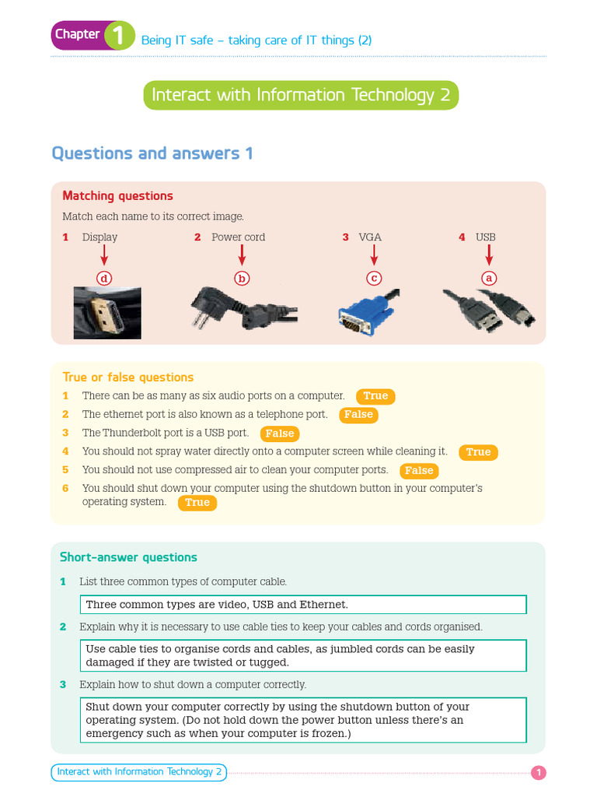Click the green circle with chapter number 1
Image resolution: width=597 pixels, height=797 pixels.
click(120, 36)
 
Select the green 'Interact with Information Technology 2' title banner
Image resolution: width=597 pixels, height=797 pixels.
click(301, 95)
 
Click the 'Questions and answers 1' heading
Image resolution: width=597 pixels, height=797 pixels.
click(152, 153)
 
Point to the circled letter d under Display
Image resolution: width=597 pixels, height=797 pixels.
click(104, 278)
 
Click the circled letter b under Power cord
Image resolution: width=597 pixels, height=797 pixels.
click(242, 278)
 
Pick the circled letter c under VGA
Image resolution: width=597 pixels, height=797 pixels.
click(374, 278)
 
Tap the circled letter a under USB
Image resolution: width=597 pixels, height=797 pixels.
click(489, 278)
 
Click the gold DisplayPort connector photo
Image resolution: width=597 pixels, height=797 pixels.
click(107, 313)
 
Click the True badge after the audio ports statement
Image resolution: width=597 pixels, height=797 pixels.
click(375, 396)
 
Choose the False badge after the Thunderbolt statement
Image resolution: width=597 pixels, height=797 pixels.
click(280, 434)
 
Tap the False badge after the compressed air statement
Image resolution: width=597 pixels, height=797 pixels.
click(419, 470)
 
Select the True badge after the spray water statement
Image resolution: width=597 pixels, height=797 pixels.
click(478, 452)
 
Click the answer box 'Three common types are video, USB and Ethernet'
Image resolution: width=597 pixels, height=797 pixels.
click(303, 604)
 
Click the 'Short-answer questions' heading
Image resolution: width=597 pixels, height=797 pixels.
click(128, 557)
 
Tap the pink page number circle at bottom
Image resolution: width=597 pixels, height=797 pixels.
click(539, 773)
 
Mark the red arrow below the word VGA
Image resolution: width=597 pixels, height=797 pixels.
click(374, 255)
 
